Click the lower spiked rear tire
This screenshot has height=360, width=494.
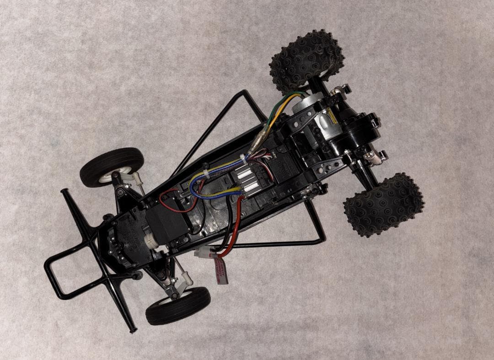tap(383, 204)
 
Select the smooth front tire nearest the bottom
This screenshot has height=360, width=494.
tap(178, 305)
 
